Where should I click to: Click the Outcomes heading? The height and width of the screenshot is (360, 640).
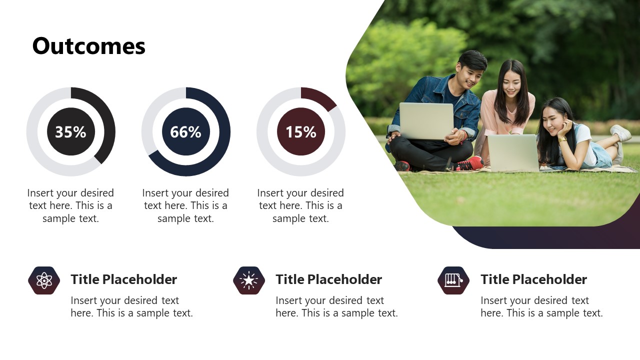(89, 46)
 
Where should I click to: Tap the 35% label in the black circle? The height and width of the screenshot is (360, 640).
(70, 132)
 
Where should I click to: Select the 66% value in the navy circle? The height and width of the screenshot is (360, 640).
(185, 132)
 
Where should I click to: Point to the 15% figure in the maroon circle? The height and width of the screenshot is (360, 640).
(301, 132)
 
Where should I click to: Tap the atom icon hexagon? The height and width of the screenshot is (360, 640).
(44, 280)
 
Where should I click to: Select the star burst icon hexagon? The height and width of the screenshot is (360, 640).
(249, 280)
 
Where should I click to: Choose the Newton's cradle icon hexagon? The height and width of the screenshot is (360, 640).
(453, 280)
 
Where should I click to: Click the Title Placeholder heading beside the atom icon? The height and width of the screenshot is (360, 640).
(123, 279)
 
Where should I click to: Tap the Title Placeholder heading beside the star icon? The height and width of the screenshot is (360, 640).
(328, 279)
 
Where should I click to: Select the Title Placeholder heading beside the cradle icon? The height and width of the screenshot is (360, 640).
(533, 279)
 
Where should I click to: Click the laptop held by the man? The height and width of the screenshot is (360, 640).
(426, 121)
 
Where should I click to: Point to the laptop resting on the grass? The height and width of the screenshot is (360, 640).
(513, 153)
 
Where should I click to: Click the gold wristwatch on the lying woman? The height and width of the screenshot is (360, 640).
(562, 139)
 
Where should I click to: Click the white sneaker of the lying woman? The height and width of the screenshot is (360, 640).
(620, 133)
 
